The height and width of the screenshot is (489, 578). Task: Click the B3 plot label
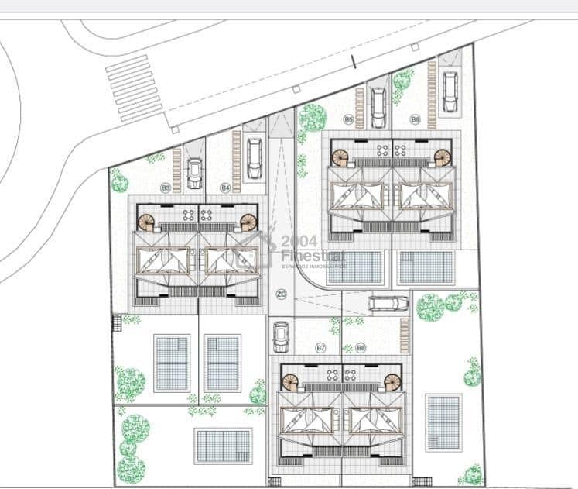pyautogui.click(x=165, y=188)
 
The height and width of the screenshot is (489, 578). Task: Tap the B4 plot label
pyautogui.click(x=225, y=188)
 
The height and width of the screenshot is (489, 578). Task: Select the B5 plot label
pyautogui.click(x=349, y=119)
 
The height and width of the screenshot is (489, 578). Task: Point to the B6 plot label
pyautogui.click(x=415, y=119)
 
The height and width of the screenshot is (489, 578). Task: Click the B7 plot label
pyautogui.click(x=320, y=348)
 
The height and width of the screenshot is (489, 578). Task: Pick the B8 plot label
pyautogui.click(x=361, y=348)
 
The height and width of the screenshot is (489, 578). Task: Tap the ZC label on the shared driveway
pyautogui.click(x=282, y=294)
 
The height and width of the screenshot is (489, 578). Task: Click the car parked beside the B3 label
pyautogui.click(x=194, y=174)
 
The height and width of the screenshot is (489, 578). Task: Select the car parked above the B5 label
pyautogui.click(x=378, y=108)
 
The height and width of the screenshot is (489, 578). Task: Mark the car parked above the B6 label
pyautogui.click(x=450, y=91)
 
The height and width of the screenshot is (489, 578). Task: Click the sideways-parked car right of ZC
pyautogui.click(x=388, y=303)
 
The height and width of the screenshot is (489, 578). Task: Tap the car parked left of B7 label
pyautogui.click(x=282, y=336)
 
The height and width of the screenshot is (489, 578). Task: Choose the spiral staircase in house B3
pyautogui.click(x=147, y=222)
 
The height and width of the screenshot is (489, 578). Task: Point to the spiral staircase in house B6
pyautogui.click(x=442, y=157)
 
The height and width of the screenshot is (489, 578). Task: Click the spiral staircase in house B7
pyautogui.click(x=290, y=383)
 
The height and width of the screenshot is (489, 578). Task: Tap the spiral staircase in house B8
pyautogui.click(x=392, y=383)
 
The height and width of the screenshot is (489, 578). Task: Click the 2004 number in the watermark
pyautogui.click(x=294, y=241)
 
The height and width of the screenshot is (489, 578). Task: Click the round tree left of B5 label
pyautogui.click(x=313, y=118)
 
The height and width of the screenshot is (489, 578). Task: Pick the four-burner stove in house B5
pyautogui.click(x=381, y=150)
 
